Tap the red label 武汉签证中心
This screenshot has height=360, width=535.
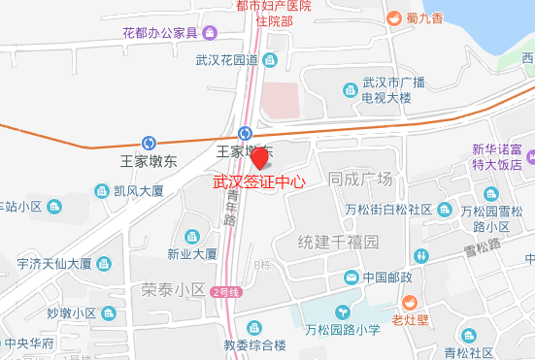point(258,181)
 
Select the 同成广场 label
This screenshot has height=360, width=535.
point(360,180)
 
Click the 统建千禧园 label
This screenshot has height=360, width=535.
point(337,241)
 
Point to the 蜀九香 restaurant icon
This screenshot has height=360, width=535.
point(394,17)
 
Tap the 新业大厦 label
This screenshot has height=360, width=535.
point(191,254)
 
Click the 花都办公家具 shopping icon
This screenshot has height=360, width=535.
point(210,34)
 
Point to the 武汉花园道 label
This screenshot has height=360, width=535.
point(225,60)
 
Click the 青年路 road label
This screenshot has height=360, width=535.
point(231,206)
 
